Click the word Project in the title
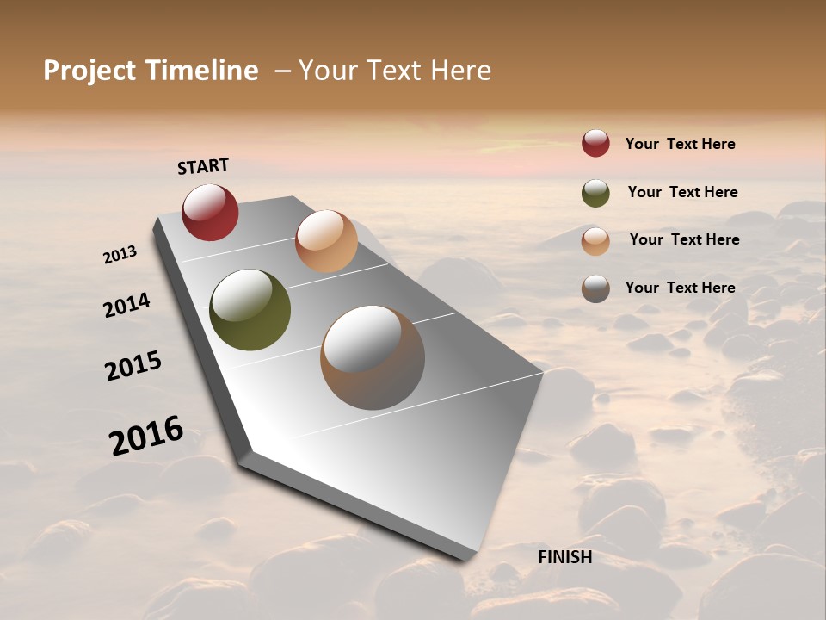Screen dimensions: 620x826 point(89,71)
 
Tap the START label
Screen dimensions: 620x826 point(203,166)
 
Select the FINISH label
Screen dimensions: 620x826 point(564,557)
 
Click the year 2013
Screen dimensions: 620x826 point(120,255)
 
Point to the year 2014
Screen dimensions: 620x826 point(127,305)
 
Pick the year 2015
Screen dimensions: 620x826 point(133,366)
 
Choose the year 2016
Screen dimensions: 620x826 point(146,436)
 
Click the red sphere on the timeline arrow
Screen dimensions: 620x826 point(210,212)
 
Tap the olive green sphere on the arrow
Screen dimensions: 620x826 point(250,310)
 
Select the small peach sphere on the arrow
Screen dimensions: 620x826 point(326,241)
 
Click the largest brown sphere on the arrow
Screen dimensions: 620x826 point(373,357)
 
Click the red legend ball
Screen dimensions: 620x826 point(595,144)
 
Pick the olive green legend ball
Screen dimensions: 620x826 point(595,193)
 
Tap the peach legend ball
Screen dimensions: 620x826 point(595,240)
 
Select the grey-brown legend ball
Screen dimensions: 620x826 point(595,288)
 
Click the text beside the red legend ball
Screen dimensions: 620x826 point(680,144)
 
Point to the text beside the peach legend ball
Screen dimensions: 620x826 point(684,239)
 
